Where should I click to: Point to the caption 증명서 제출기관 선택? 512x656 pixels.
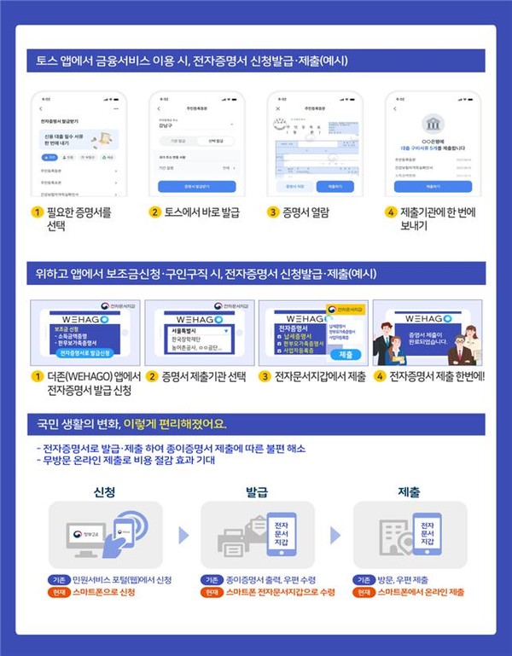tap(201, 375)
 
